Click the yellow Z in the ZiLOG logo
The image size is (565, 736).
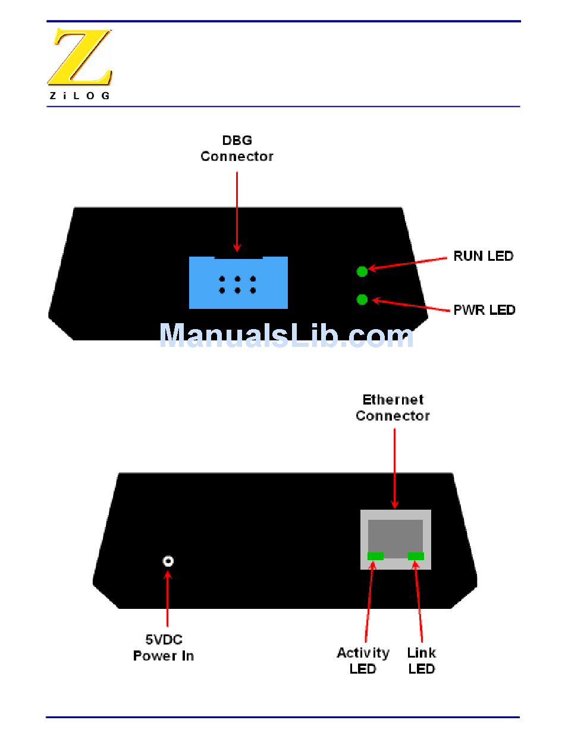(80, 57)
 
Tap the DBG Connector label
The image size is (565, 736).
(237, 149)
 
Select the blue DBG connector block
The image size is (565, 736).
(238, 283)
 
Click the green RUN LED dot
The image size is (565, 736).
(362, 271)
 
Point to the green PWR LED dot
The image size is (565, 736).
(362, 299)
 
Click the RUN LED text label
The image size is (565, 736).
(483, 256)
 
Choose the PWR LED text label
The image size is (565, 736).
(484, 309)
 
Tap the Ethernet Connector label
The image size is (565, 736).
(393, 408)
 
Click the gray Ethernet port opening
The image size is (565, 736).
(395, 535)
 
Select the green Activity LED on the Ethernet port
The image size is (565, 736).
(375, 556)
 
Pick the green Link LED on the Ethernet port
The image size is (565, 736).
(416, 556)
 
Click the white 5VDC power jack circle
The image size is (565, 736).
(168, 561)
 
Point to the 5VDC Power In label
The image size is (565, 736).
(164, 647)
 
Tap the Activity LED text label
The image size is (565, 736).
(363, 661)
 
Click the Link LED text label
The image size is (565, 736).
(421, 661)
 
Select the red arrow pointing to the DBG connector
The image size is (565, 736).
(237, 211)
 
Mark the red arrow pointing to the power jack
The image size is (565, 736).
(168, 600)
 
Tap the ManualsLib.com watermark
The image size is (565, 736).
(287, 336)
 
